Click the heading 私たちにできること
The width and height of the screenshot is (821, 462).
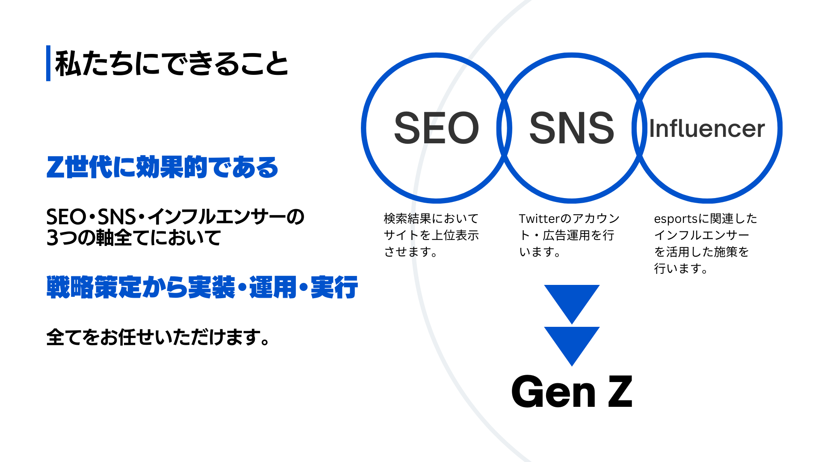(171, 64)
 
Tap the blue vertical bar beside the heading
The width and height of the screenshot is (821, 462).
(48, 63)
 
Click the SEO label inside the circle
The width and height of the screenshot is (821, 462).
(436, 128)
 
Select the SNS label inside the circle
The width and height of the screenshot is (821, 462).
(572, 128)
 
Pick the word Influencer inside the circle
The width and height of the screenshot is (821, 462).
(707, 129)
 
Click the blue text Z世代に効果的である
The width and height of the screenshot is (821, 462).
(162, 167)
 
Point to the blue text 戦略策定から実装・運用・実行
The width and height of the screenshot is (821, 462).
(202, 287)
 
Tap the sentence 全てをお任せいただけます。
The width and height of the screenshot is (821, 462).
(158, 337)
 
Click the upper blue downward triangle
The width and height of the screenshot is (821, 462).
(572, 301)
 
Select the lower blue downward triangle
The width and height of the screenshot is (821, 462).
(572, 343)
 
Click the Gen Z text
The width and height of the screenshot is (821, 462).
(572, 391)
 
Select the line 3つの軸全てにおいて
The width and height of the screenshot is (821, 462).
(133, 238)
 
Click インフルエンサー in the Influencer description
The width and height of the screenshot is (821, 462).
(701, 235)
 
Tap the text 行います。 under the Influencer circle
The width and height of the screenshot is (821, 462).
(681, 269)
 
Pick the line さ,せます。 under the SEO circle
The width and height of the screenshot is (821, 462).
(410, 252)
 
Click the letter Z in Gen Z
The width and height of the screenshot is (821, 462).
(620, 391)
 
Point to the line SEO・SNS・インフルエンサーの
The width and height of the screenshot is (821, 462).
(175, 217)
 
